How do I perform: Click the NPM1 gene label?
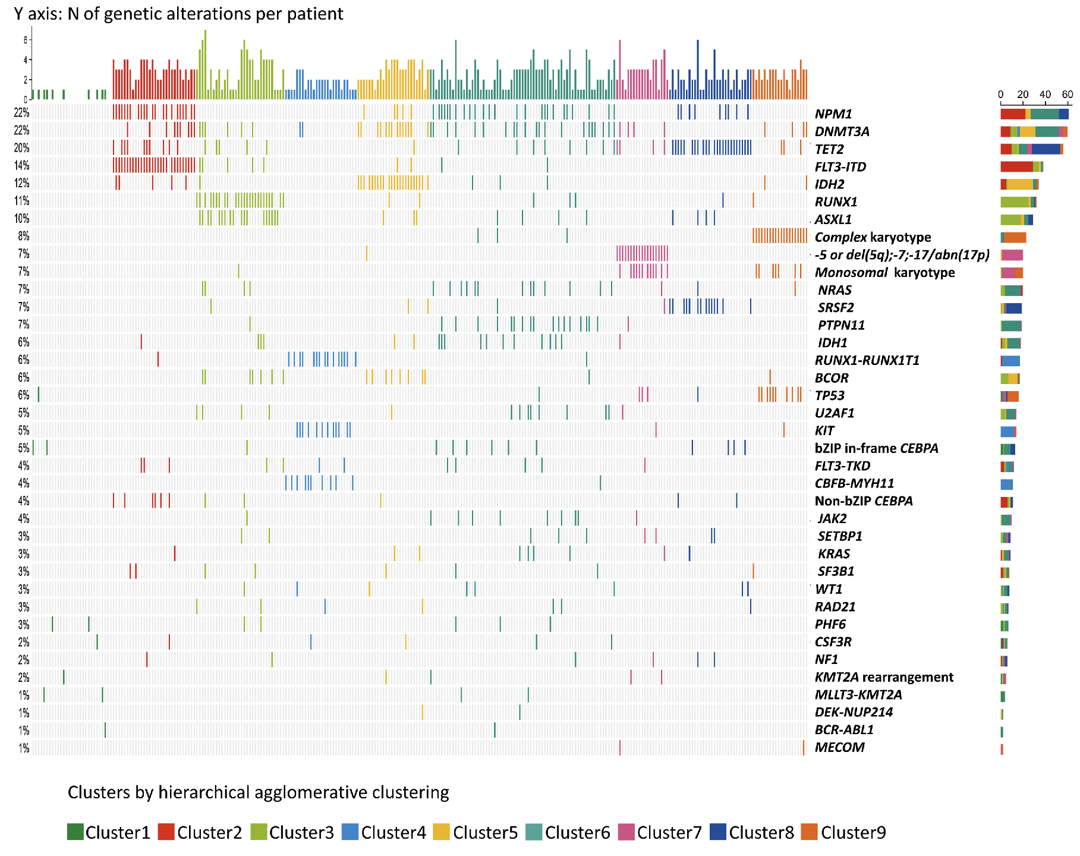(833, 114)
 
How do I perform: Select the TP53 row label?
(830, 396)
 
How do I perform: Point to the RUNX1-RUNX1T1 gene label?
(867, 360)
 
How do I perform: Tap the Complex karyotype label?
(873, 237)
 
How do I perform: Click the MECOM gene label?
(839, 747)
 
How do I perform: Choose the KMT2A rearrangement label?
(884, 677)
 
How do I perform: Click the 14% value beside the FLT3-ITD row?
(22, 166)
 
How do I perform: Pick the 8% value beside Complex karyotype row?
(24, 236)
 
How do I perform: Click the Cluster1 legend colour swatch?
(75, 832)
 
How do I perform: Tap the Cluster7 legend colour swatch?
(626, 832)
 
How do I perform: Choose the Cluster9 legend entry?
(843, 832)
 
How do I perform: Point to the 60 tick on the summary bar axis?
(1068, 95)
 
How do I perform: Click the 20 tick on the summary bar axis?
(1023, 95)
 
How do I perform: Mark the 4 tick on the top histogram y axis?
(25, 60)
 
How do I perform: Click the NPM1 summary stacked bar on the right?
(1034, 114)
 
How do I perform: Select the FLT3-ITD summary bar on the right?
(1021, 167)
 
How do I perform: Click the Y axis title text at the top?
(178, 14)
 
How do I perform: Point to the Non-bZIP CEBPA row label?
(864, 501)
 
